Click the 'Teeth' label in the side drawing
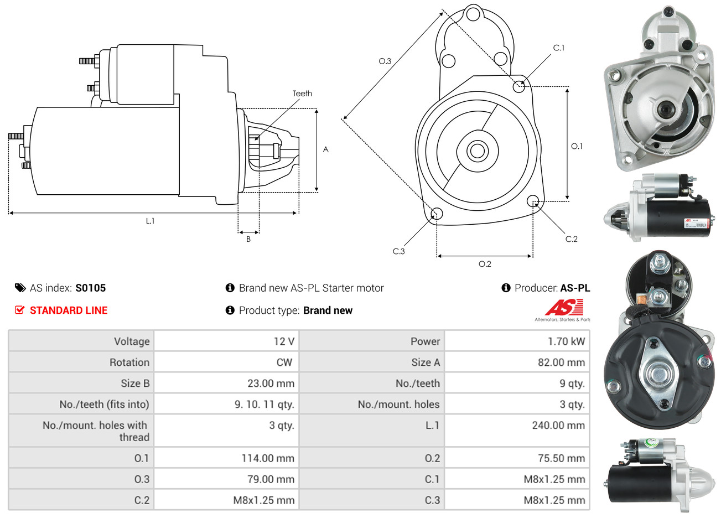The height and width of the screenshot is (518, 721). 302,94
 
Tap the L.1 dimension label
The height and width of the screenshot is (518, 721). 150,221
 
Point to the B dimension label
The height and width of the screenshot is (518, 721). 248,239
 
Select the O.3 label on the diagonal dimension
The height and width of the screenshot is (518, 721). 385,61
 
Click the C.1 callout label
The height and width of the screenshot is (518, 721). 559,48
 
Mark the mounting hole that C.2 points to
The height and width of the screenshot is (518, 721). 533,200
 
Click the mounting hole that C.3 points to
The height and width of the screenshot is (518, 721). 437,214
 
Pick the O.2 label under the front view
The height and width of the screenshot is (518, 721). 485,264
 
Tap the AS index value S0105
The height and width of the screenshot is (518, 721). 90,288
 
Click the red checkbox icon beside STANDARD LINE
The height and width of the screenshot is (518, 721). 19,310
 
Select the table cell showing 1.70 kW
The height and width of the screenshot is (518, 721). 566,341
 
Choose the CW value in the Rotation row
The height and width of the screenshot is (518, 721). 284,362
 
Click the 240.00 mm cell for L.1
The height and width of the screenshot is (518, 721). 558,426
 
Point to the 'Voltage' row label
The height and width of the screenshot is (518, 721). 132,341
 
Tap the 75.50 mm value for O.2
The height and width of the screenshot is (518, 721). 560,458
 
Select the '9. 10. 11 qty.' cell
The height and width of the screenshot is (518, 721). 264,405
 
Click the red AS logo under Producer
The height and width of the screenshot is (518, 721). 564,308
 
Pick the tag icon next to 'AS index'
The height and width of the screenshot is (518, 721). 20,288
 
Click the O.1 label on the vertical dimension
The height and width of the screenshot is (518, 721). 577,146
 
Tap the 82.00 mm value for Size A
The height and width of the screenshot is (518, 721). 561,362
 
